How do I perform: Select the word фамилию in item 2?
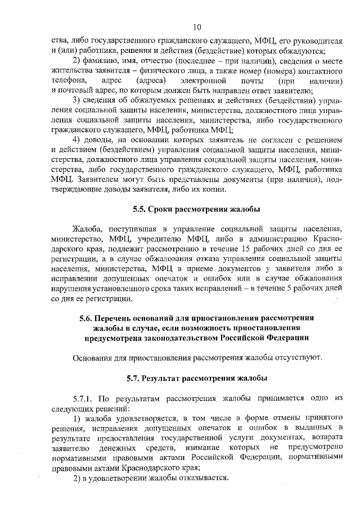click(102, 61)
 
